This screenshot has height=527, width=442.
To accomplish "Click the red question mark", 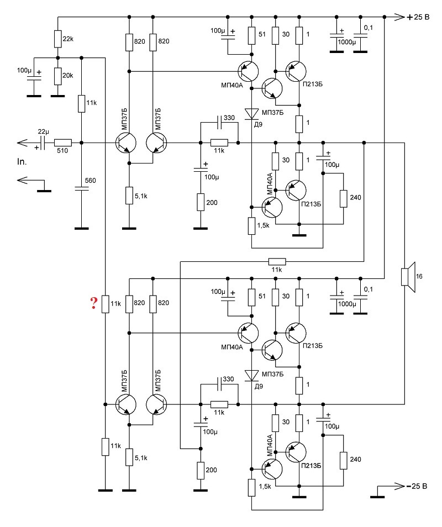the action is pyautogui.click(x=93, y=303).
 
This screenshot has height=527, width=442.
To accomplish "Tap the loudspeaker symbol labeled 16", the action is pyautogui.click(x=408, y=277).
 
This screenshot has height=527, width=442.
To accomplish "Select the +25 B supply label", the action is pyautogui.click(x=418, y=17).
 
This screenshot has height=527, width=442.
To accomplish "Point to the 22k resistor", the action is pyautogui.click(x=58, y=39).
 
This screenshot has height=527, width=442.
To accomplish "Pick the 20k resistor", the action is pyautogui.click(x=58, y=76).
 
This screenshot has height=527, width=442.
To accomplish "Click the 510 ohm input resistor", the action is pyautogui.click(x=63, y=143).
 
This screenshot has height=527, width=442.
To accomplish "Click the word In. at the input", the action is pyautogui.click(x=22, y=162).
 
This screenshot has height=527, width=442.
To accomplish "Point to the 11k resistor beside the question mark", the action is pyautogui.click(x=106, y=304).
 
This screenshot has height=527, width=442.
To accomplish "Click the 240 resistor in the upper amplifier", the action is pyautogui.click(x=344, y=199).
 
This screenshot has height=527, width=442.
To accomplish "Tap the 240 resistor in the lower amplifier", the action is pyautogui.click(x=344, y=461).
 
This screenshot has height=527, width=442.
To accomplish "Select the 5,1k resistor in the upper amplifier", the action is pyautogui.click(x=129, y=196).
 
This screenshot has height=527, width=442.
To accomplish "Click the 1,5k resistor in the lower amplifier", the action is pyautogui.click(x=252, y=488).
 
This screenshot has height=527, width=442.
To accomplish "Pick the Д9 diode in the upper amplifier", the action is pyautogui.click(x=252, y=114).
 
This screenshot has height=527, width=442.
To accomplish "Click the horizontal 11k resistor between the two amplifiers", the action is pyautogui.click(x=277, y=261).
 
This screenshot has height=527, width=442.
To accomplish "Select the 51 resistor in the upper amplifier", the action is pyautogui.click(x=252, y=35).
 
